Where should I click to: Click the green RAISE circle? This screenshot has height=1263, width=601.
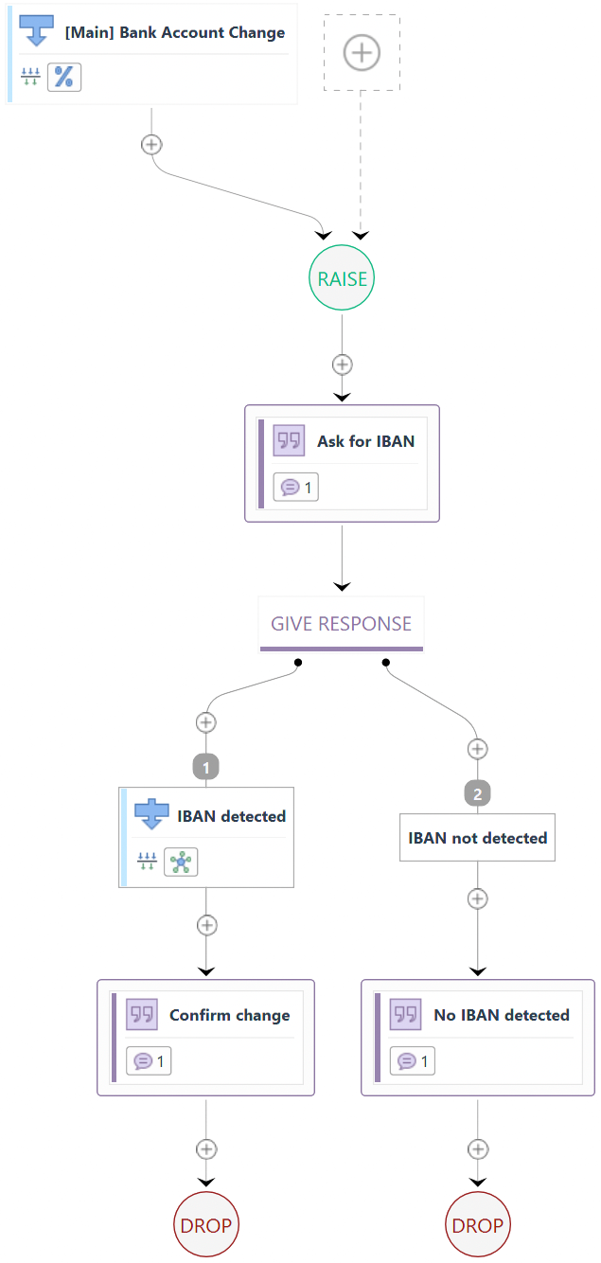pyautogui.click(x=342, y=278)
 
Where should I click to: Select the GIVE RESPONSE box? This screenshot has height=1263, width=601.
pyautogui.click(x=341, y=624)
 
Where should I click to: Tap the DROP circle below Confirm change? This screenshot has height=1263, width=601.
pyautogui.click(x=205, y=1225)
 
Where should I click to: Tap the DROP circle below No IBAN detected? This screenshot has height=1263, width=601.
pyautogui.click(x=477, y=1225)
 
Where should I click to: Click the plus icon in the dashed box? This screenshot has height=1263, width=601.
pyautogui.click(x=362, y=53)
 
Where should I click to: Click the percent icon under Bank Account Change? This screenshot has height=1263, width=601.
pyautogui.click(x=64, y=78)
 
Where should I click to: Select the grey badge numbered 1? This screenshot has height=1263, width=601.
pyautogui.click(x=205, y=767)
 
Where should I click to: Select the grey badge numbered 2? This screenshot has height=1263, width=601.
pyautogui.click(x=477, y=793)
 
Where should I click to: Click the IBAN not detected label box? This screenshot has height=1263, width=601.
pyautogui.click(x=477, y=838)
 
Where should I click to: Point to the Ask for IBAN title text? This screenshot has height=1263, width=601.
pyautogui.click(x=365, y=441)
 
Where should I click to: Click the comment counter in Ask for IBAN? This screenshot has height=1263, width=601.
pyautogui.click(x=296, y=488)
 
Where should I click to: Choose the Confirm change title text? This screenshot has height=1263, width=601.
pyautogui.click(x=229, y=1015)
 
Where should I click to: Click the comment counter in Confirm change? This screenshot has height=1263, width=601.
pyautogui.click(x=149, y=1061)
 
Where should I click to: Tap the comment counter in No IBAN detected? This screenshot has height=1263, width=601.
pyautogui.click(x=413, y=1061)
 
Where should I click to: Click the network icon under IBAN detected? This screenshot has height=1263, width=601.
pyautogui.click(x=181, y=862)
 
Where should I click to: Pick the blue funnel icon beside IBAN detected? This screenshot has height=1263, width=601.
pyautogui.click(x=151, y=814)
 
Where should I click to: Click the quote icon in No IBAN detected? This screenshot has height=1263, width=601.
pyautogui.click(x=406, y=1014)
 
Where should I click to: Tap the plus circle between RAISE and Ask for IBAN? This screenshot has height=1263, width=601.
pyautogui.click(x=342, y=365)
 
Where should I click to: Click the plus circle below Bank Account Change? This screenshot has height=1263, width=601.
pyautogui.click(x=150, y=144)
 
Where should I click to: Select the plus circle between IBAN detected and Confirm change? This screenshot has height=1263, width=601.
pyautogui.click(x=205, y=925)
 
